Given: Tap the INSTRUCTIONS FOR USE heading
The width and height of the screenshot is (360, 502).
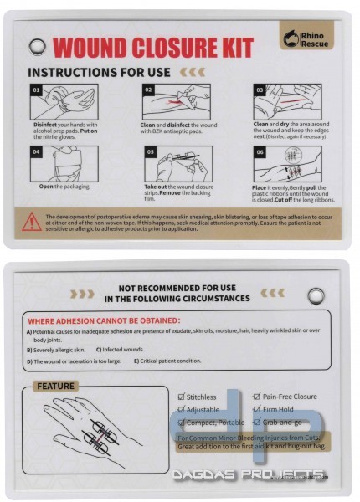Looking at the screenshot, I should coord(100,74).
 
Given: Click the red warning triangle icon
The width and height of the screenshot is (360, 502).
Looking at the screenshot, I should coord(32,222).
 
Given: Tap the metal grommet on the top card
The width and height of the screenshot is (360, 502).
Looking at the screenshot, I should coord(35,44).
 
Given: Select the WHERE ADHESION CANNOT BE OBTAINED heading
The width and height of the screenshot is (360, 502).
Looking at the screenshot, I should coord(104,320).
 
